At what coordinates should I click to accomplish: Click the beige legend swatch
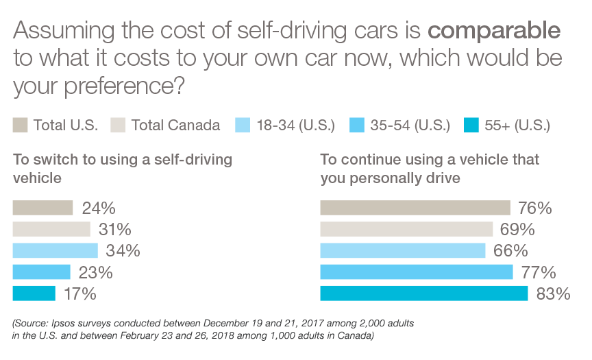point(23,125)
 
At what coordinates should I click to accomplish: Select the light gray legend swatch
point(115,125)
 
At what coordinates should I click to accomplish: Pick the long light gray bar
point(373,228)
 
